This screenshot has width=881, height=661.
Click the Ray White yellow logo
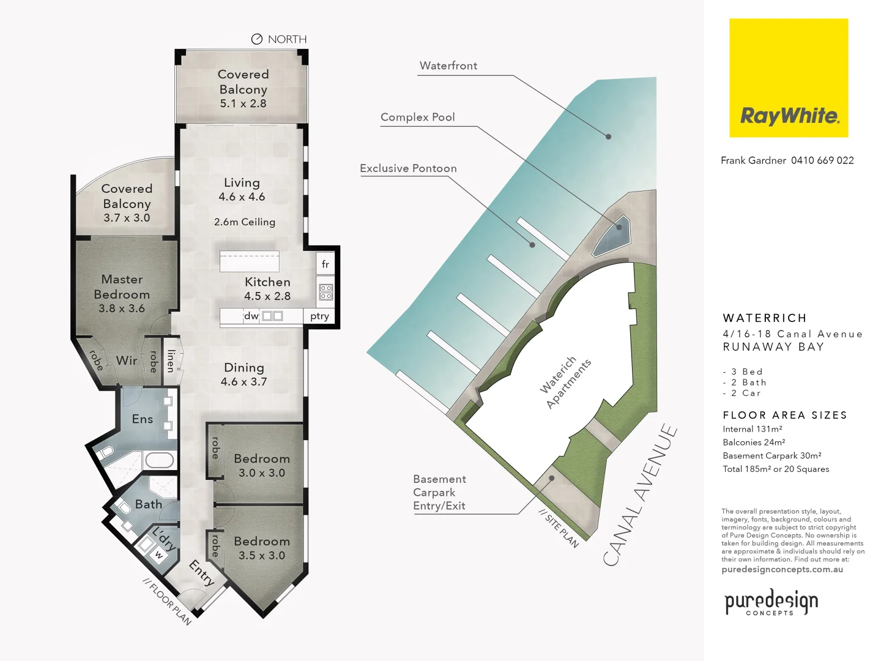[x=788, y=78]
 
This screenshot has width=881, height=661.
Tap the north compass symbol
[x=257, y=39]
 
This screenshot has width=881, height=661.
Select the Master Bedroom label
[x=122, y=286]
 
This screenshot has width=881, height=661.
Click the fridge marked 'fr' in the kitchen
[x=325, y=264]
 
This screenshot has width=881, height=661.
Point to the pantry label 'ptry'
[x=319, y=316]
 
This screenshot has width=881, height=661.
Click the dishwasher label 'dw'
[x=251, y=316]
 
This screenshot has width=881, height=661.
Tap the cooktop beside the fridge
[x=326, y=292]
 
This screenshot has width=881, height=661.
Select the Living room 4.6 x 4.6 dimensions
[x=242, y=196]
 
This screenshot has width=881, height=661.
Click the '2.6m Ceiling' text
[x=244, y=222]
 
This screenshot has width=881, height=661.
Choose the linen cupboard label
[x=171, y=361]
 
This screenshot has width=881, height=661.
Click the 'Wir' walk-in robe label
[x=127, y=360]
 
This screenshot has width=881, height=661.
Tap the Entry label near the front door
[x=201, y=573]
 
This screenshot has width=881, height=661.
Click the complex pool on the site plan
[x=612, y=234]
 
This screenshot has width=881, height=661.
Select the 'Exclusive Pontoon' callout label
[x=408, y=168]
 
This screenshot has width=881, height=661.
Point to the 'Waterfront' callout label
[x=448, y=65]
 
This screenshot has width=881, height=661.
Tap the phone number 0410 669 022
[x=822, y=160]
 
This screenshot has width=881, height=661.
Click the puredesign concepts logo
[x=771, y=602]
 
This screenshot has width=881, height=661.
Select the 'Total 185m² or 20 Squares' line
[x=776, y=469]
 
